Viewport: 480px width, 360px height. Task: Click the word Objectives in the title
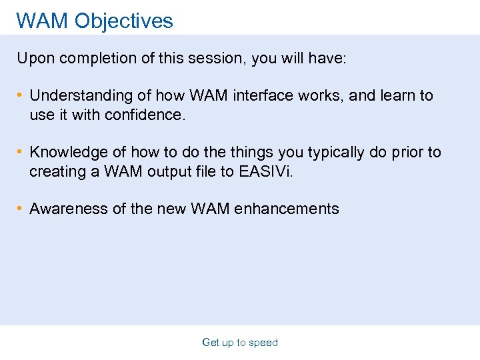tap(123, 21)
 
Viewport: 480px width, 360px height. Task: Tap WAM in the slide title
tap(43, 21)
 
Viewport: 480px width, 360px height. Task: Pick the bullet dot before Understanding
tap(21, 96)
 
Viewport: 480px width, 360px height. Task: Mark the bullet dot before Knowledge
tap(21, 153)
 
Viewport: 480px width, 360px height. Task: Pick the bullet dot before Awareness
tap(21, 209)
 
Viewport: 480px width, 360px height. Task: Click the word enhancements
tap(288, 209)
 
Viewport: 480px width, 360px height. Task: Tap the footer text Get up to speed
tap(240, 343)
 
